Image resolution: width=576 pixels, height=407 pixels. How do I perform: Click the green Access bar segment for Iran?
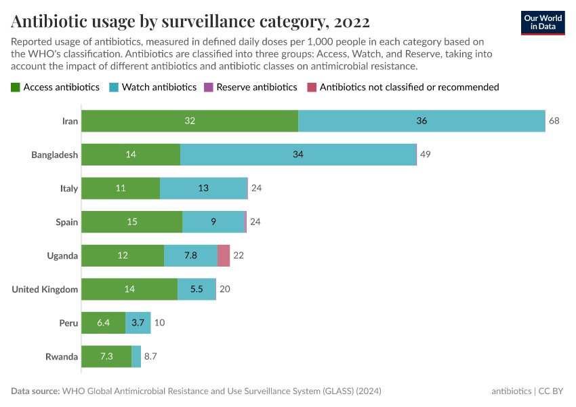pos(190,121)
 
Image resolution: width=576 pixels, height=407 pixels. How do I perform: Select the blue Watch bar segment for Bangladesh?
pos(298,155)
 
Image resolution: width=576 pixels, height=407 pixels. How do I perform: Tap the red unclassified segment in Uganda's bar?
pos(224,256)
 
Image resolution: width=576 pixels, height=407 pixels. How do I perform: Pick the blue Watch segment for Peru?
pos(138,323)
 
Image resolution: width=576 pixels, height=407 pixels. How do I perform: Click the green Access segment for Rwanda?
pos(106,357)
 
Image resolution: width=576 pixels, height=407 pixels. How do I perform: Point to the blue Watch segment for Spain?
pos(213,222)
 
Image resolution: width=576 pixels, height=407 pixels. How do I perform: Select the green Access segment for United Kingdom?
pos(129,290)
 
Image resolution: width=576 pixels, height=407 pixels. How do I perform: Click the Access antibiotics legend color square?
pos(16,88)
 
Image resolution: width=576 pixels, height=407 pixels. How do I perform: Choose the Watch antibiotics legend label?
pos(159,88)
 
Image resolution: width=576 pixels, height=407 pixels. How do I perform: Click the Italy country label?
pos(68,189)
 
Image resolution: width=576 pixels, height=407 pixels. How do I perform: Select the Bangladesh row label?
pos(54,155)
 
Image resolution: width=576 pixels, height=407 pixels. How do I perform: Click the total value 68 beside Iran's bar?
pos(554,121)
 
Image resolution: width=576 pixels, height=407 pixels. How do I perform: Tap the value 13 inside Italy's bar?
pos(203,189)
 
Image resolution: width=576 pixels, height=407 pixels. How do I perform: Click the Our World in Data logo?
pos(543,22)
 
